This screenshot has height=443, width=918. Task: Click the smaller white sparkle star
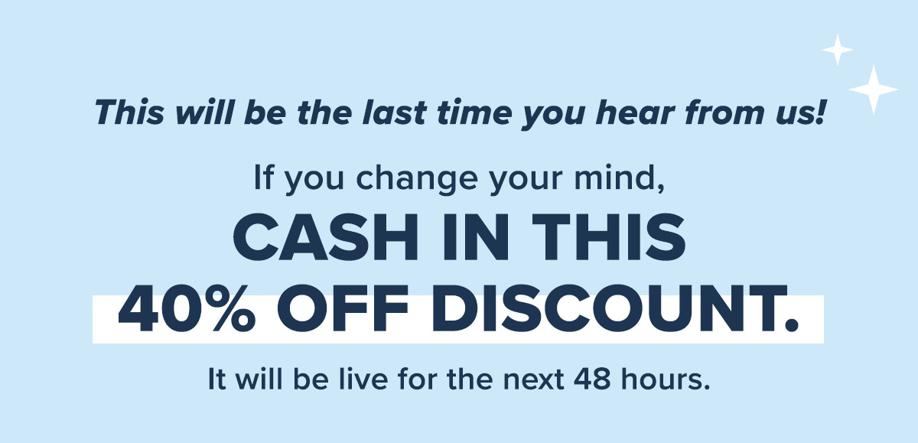[x=838, y=50]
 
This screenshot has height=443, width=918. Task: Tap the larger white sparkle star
[x=874, y=90]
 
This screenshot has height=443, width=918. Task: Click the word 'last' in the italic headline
[x=394, y=112]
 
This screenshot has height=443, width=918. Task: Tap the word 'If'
[x=263, y=178]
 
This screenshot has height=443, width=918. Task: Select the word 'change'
[x=417, y=180]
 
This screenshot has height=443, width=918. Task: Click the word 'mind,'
[x=619, y=179]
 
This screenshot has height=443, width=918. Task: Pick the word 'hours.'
[x=665, y=378]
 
